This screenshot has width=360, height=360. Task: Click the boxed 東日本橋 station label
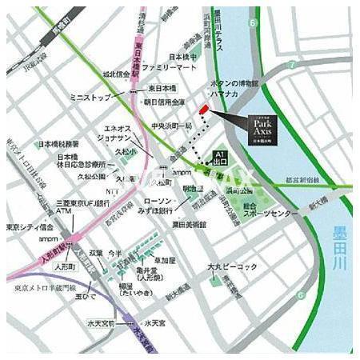coord(162,88)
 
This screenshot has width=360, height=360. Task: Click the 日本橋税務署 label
coord(58,145)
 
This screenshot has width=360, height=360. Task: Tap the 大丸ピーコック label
coord(231,266)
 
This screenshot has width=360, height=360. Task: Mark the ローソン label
coord(157,202)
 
